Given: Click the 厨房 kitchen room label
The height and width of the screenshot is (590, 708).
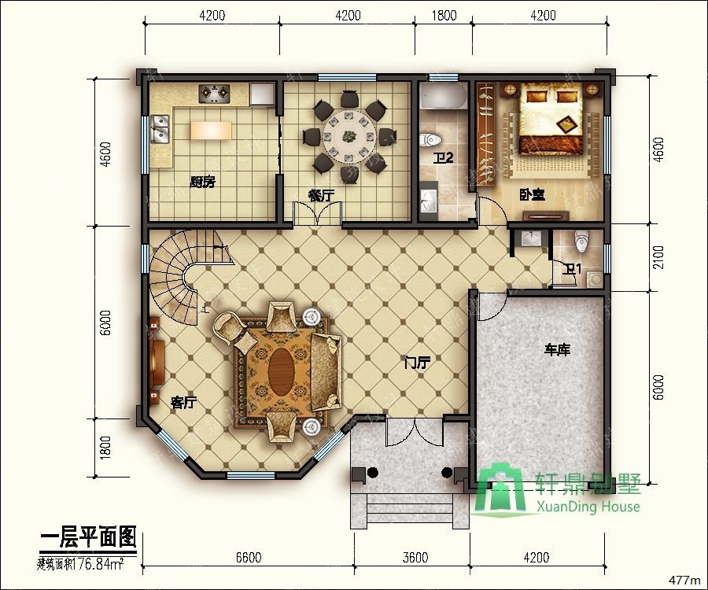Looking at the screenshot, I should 202,182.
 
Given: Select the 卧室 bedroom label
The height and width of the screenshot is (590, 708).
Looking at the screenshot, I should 532,194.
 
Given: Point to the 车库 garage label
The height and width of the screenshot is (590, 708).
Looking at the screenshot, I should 557,349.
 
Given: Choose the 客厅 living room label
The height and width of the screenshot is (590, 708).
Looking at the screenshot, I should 183,402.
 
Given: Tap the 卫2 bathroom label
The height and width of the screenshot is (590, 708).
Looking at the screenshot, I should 444,157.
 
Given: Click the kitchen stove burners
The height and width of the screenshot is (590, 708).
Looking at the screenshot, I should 213,94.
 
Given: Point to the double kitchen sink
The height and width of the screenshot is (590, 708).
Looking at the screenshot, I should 160,129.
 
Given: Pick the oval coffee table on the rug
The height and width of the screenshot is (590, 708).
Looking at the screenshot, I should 283,366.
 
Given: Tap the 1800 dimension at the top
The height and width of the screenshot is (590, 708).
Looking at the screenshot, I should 444,15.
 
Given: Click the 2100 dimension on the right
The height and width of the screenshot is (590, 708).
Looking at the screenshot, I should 658,257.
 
